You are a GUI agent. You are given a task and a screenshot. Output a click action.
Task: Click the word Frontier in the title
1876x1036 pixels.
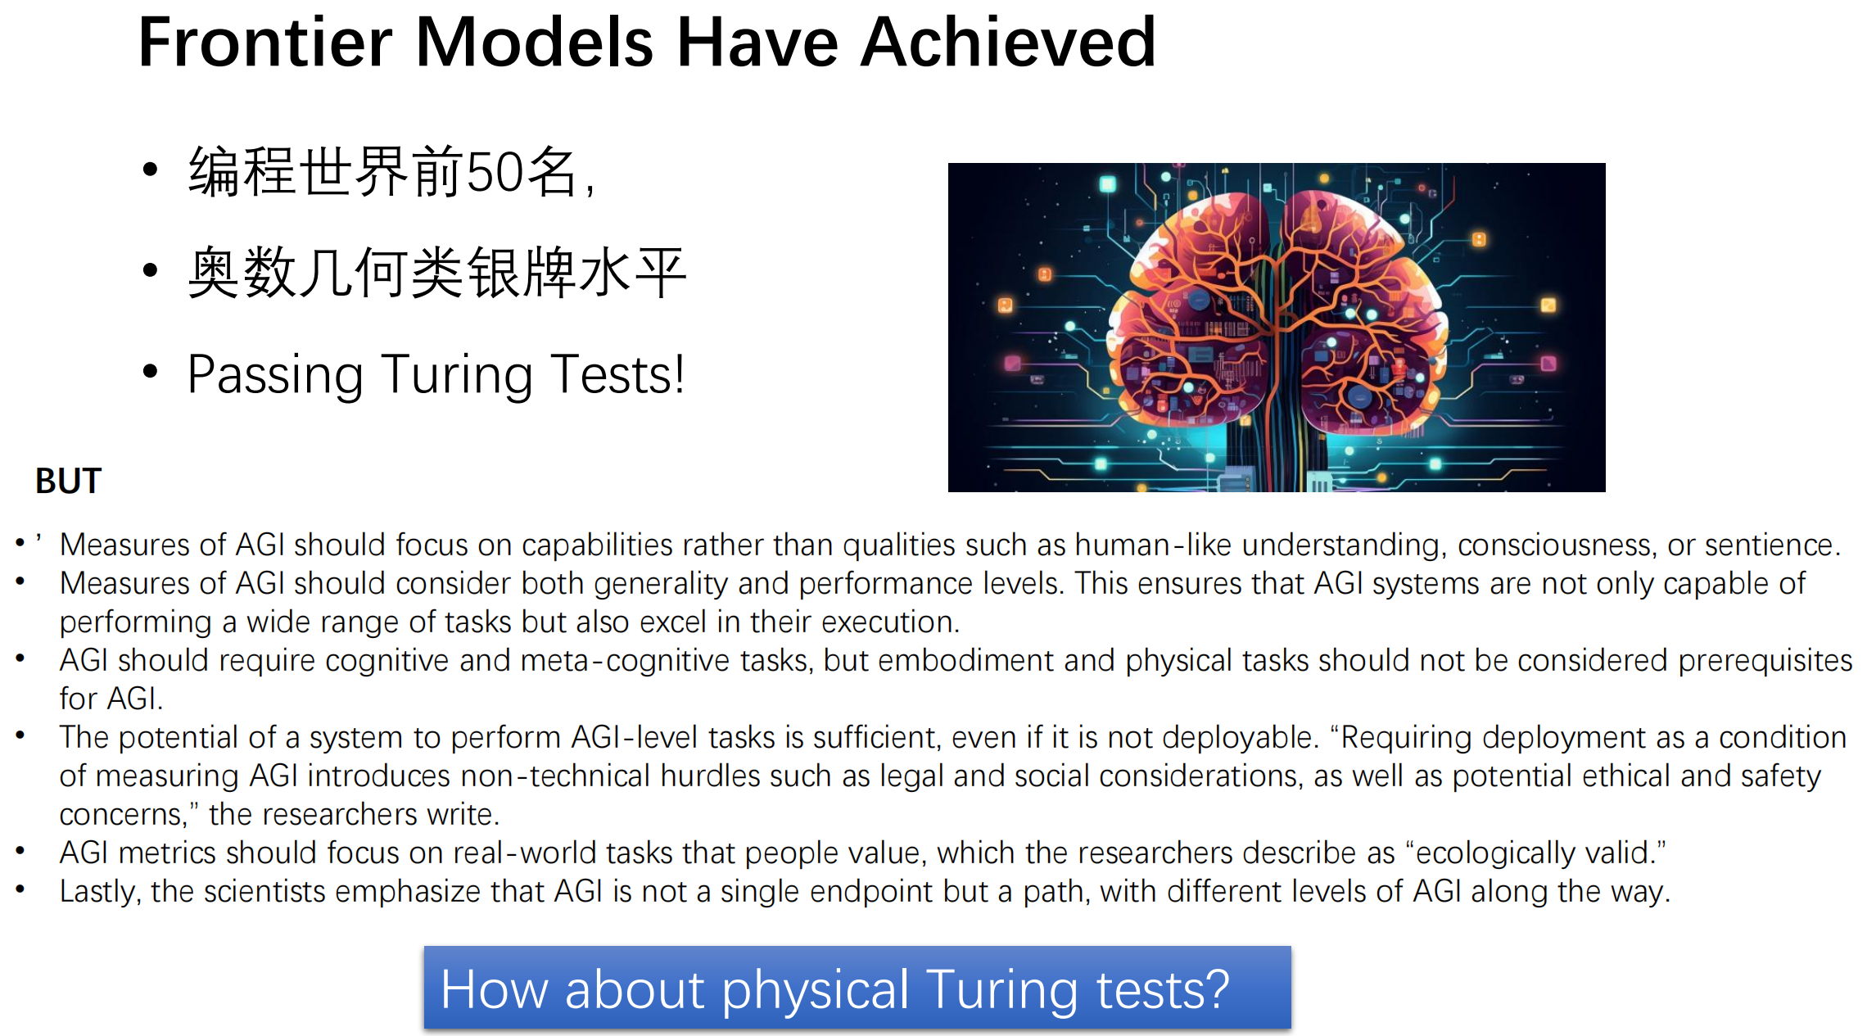(266, 43)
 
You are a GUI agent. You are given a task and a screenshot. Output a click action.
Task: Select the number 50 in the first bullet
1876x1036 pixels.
(495, 172)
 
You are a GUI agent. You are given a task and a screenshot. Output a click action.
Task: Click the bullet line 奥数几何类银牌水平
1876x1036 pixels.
(437, 273)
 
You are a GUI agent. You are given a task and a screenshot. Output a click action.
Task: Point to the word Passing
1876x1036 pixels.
(275, 376)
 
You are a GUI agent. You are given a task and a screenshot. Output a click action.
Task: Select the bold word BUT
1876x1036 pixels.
(69, 481)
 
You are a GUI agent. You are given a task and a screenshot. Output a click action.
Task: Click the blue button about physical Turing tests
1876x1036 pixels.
(857, 988)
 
